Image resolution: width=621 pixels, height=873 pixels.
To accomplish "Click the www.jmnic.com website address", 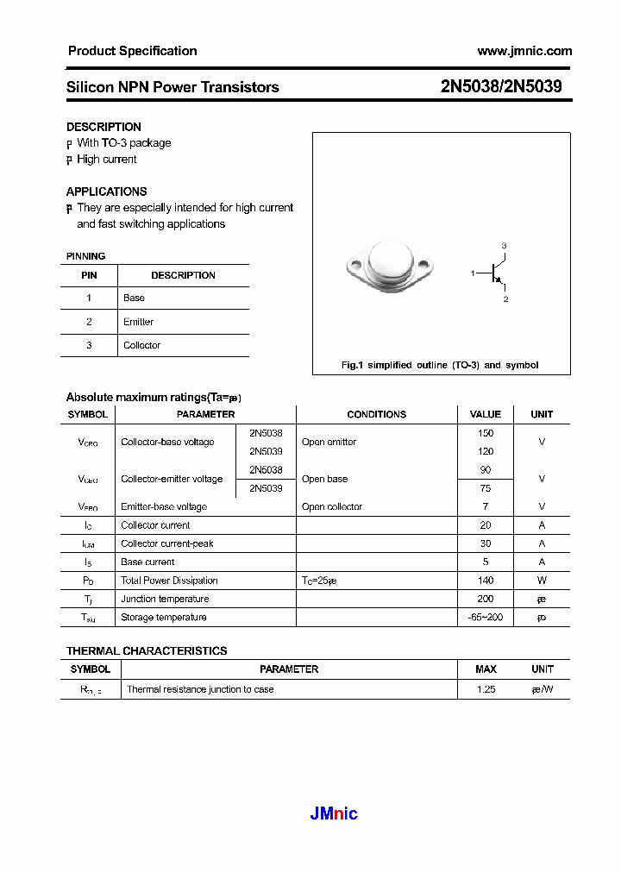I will tap(524, 51).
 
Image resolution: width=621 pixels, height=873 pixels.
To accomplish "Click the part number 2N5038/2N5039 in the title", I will tap(501, 87).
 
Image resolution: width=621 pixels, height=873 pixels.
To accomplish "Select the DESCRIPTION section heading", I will tap(103, 127).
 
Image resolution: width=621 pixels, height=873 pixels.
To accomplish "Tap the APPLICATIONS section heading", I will tap(107, 192).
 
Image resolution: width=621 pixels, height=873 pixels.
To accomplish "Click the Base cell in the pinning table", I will tap(134, 298).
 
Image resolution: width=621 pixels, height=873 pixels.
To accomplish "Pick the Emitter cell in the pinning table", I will tap(138, 322).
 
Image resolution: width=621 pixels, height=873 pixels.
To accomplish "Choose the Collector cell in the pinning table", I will tap(141, 345).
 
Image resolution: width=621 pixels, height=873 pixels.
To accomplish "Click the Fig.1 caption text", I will tap(440, 365).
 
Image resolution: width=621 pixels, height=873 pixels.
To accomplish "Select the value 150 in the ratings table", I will tap(486, 433).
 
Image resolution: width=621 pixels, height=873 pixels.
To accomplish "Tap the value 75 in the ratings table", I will tap(486, 488).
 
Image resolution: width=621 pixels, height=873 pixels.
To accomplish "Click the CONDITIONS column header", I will tap(376, 414).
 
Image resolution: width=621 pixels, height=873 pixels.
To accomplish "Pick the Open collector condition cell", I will tap(332, 507).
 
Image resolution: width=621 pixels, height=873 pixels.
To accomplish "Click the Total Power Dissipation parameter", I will tap(169, 581).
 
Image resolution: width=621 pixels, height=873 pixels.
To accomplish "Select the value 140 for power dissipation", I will tap(486, 581).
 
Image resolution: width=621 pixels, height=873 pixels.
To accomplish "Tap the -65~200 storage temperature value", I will tap(486, 618).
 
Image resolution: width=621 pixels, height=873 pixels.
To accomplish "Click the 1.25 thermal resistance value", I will tap(486, 690).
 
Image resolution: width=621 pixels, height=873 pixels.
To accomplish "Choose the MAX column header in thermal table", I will tap(486, 669).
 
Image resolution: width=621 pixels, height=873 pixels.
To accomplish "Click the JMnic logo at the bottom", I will tap(333, 813).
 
